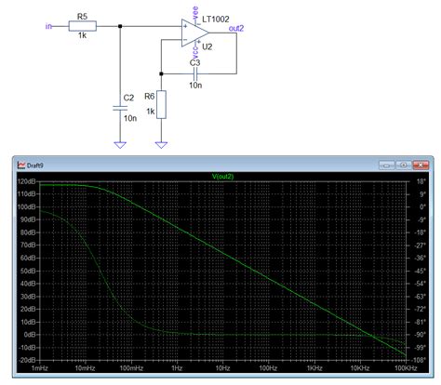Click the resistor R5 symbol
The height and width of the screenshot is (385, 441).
(81, 28)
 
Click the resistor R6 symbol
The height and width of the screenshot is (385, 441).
(162, 105)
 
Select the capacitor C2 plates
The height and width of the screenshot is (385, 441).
(120, 107)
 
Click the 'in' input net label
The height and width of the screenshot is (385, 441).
(48, 27)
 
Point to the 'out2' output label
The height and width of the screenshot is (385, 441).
(236, 28)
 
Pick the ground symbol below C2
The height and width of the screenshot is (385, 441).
(120, 143)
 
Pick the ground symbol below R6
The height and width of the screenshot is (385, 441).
(162, 143)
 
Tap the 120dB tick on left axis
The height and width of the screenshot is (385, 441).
(27, 183)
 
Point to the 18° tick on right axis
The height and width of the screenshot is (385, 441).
(420, 183)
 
